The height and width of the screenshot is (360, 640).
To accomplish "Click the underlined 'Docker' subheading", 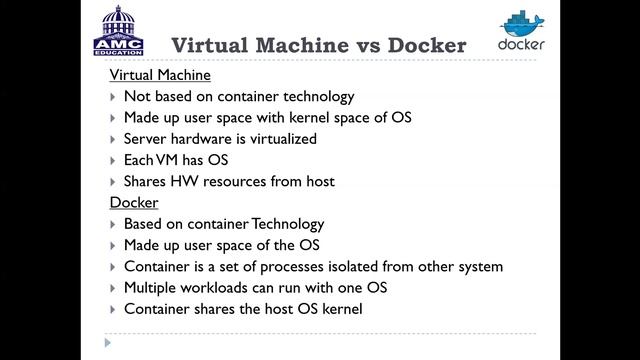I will pos(134,203).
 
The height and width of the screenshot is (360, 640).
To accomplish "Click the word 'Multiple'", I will pos(153,288).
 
